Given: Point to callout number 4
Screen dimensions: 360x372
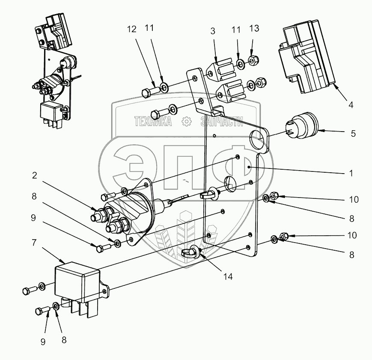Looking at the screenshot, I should tap(351, 105).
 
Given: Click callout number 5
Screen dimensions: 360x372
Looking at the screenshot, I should tap(353, 133).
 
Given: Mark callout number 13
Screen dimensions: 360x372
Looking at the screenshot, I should tap(253, 29).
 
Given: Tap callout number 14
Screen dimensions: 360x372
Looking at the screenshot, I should tap(228, 277).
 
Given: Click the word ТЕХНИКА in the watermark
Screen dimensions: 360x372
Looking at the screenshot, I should tap(153, 122).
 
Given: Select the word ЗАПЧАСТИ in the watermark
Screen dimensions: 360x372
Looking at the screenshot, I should tap(222, 122).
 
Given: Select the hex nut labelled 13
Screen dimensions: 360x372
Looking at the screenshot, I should tap(252, 61).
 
